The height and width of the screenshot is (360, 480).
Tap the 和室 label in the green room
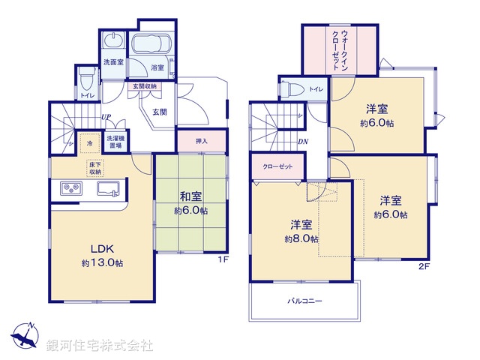[x=190, y=196]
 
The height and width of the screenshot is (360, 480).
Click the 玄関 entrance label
[x=160, y=112]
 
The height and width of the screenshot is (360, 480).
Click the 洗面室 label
[x=113, y=62]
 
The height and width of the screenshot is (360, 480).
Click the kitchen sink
[x=108, y=188]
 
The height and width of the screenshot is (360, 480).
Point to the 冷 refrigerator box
[x=89, y=141]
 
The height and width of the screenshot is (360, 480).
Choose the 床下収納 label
[x=95, y=168]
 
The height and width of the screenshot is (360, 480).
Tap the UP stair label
[x=107, y=118]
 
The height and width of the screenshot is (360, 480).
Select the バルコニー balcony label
[x=304, y=301]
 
